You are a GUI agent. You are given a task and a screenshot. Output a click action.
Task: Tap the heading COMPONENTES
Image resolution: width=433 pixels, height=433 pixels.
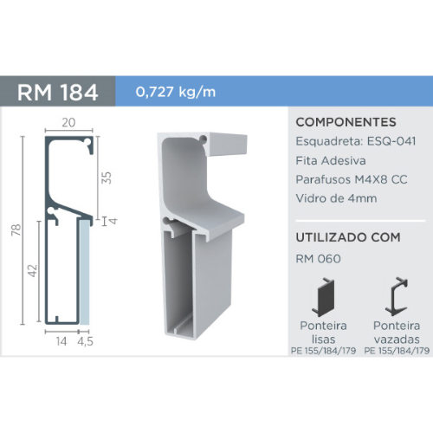point(346,122)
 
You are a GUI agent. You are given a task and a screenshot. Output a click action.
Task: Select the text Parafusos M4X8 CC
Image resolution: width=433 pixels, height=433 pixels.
point(351,179)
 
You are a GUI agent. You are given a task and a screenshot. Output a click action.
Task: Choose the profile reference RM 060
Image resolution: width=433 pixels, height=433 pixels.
point(319,256)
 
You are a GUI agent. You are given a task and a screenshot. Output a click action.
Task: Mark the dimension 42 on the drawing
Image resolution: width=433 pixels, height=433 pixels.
point(32,271)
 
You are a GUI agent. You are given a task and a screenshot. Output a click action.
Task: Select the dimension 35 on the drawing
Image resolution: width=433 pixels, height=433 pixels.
point(108,177)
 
